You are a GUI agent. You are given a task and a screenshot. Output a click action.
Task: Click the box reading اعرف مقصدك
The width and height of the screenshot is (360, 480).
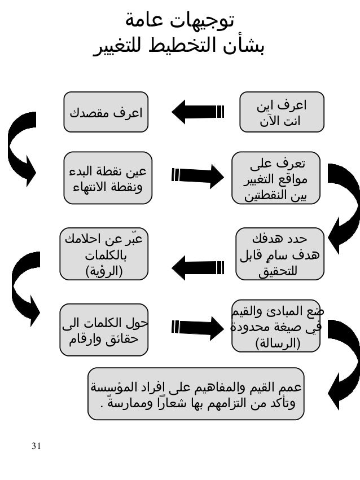point(106,112)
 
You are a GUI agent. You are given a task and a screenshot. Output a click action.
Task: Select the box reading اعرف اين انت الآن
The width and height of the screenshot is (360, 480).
point(282,112)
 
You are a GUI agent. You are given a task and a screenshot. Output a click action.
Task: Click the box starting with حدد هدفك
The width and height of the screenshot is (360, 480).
point(280,253)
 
